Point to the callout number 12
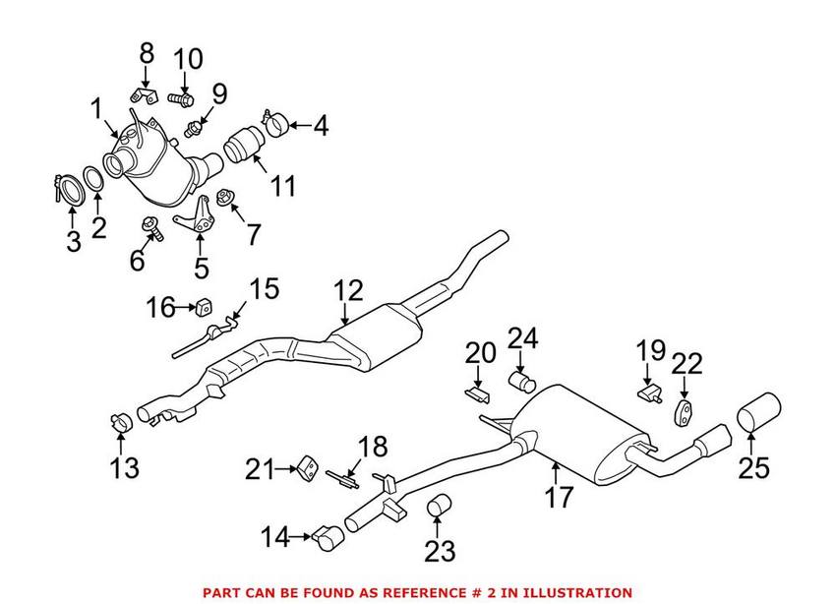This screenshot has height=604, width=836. coord(347,290)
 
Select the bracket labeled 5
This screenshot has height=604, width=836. coord(198,218)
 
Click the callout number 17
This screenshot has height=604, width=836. coord(558,499)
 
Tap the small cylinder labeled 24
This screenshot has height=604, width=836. coord(519,381)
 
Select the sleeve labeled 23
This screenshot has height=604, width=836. coord(439,507)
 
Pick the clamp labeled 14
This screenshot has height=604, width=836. coord(328,536)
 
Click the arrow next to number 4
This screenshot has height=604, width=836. coord(299,126)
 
